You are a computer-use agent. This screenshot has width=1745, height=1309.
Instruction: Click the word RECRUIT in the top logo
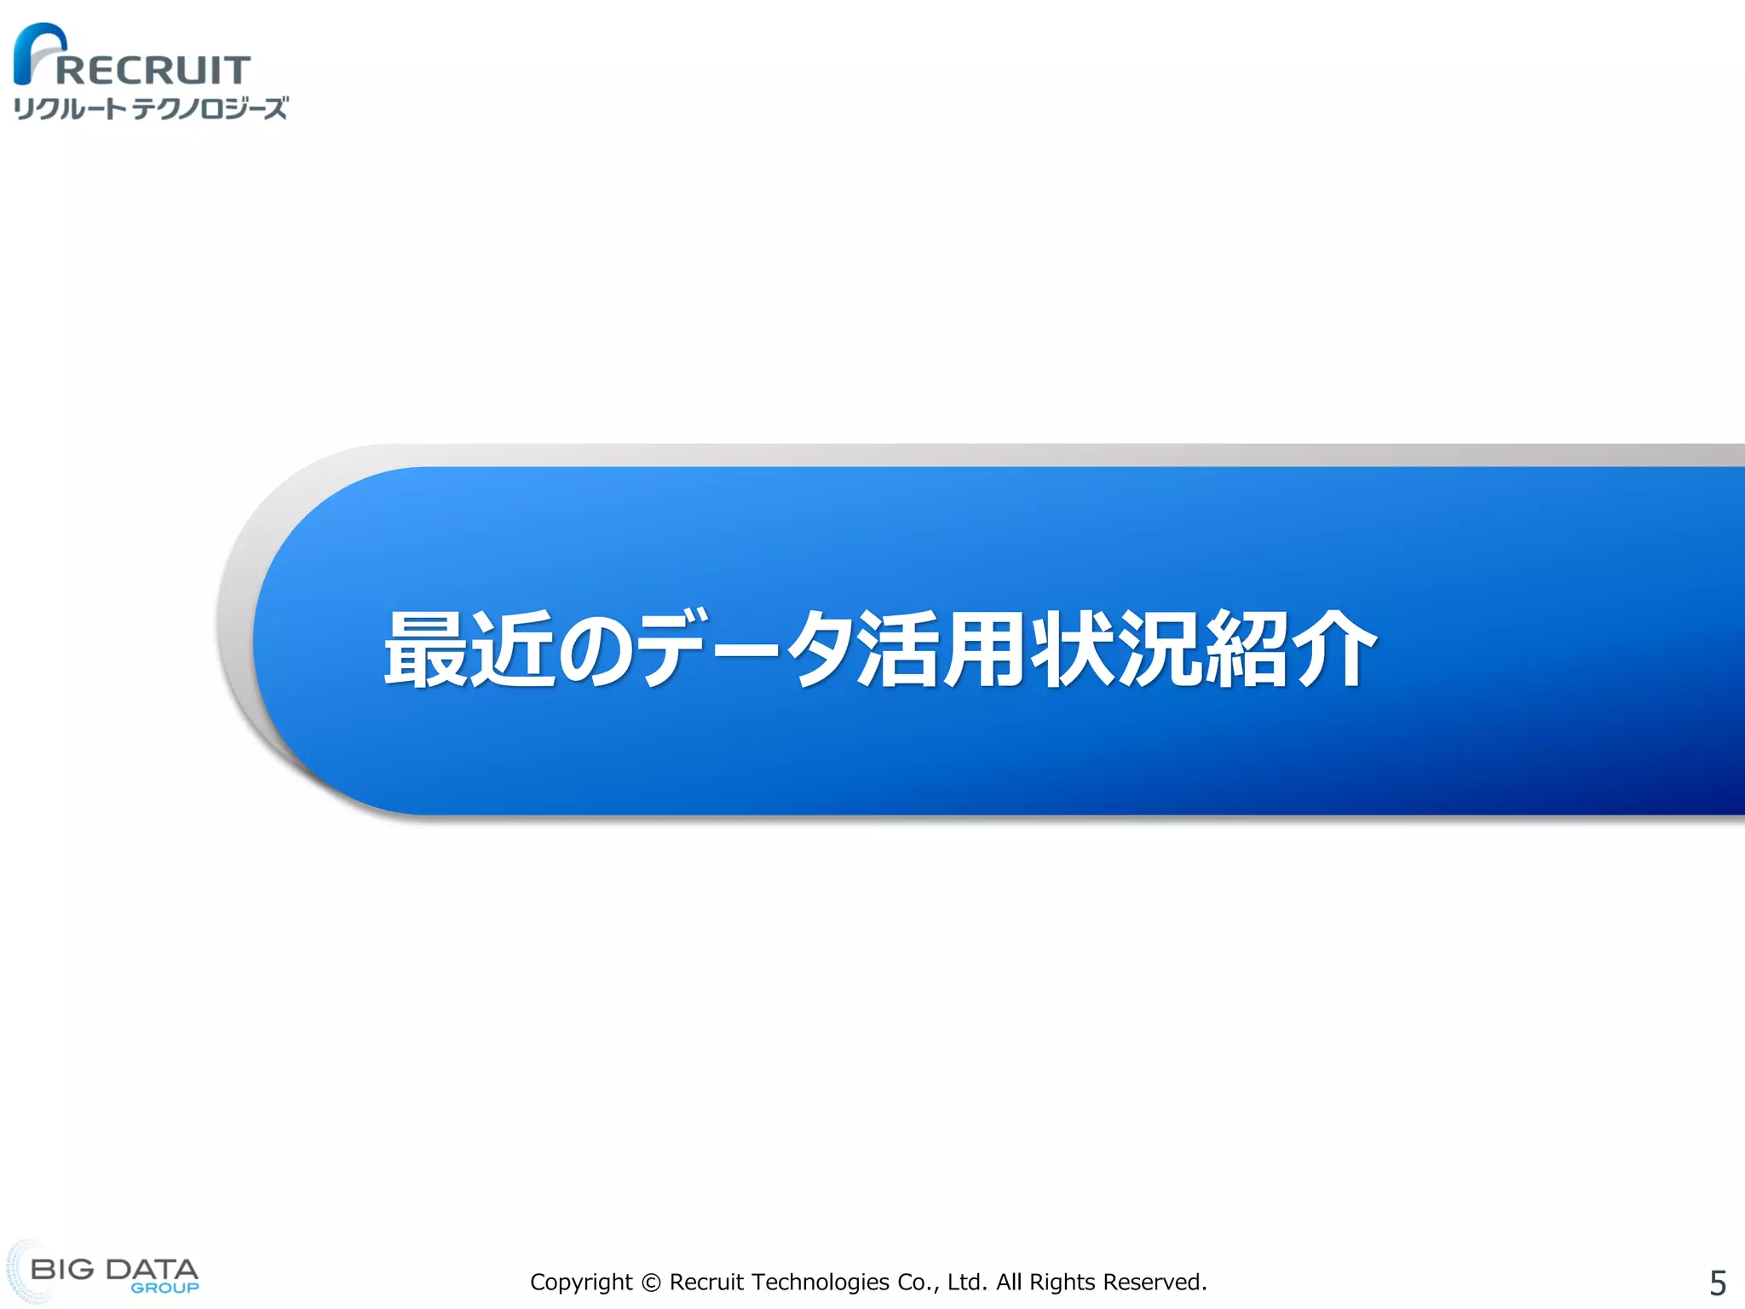coord(153,70)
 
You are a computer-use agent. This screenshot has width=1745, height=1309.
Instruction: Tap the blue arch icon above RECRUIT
coord(38,51)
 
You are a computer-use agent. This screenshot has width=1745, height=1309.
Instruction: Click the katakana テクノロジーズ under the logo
coord(210,109)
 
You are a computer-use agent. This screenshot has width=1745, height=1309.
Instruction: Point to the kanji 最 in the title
coord(425,649)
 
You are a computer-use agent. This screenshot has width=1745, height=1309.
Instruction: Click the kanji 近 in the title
coord(512,649)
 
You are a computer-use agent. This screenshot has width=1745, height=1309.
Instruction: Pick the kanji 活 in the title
coord(899,649)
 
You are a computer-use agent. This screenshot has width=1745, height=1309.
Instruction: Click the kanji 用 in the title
coord(986,649)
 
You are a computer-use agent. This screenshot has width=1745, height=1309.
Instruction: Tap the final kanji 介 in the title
coord(1333,649)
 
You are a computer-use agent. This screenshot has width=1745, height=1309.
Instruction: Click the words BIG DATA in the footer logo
coord(113,1269)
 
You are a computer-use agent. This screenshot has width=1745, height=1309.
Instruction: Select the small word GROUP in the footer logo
coord(164,1289)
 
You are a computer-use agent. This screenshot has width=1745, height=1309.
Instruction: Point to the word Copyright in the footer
coord(581,1283)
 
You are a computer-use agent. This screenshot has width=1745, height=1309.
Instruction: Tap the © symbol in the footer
coord(651,1283)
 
